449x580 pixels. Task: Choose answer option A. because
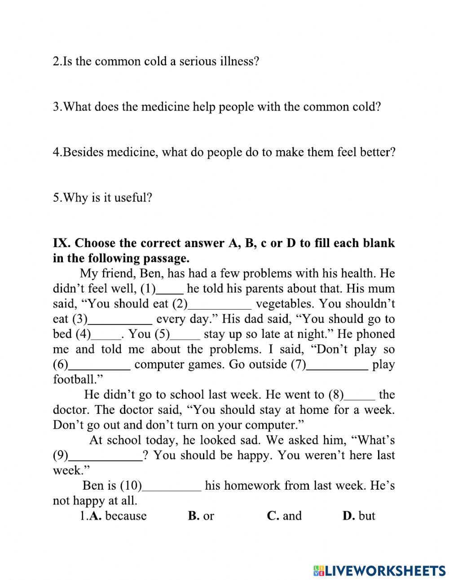118,516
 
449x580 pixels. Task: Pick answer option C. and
285,516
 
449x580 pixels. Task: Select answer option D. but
359,516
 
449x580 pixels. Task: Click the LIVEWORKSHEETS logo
379,570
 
